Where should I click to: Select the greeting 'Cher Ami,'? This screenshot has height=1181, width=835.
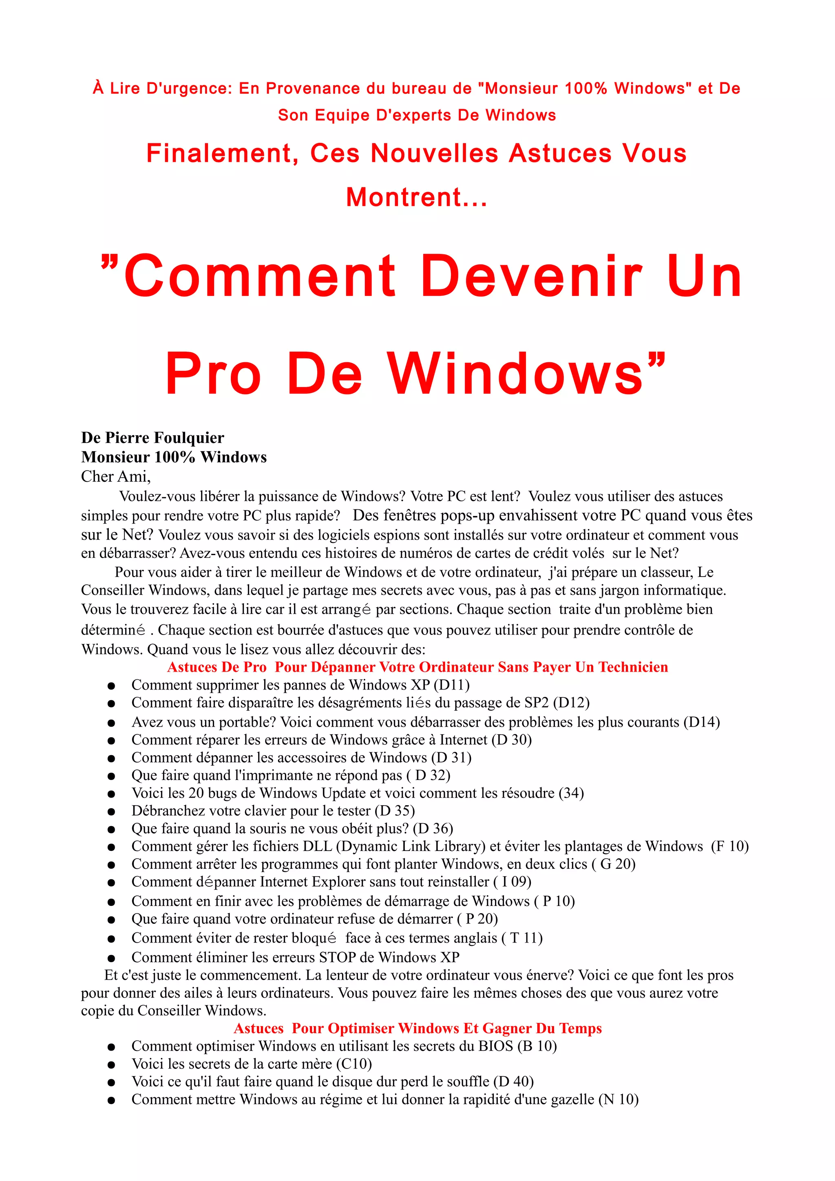tap(116, 477)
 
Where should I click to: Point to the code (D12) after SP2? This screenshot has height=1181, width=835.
tap(572, 703)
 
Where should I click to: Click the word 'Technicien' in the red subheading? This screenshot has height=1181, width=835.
tap(633, 667)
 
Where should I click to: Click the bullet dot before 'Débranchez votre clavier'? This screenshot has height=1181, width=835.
tap(111, 812)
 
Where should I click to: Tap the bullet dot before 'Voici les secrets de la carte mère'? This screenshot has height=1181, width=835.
tap(111, 1065)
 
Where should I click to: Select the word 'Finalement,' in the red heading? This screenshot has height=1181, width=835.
tap(223, 154)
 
